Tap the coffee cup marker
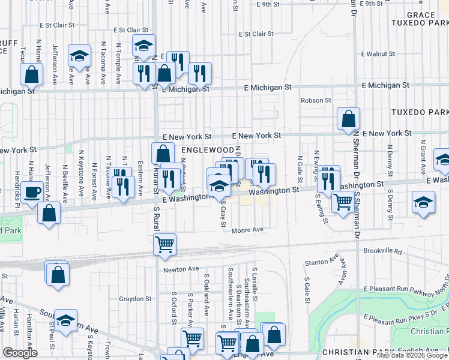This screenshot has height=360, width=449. pyautogui.click(x=33, y=193)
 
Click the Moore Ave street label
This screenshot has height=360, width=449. pyautogui.click(x=248, y=230)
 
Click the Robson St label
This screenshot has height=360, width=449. pyautogui.click(x=316, y=100)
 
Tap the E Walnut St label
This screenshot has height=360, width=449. pyautogui.click(x=378, y=54)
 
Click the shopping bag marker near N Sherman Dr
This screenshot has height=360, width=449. pyautogui.click(x=348, y=119)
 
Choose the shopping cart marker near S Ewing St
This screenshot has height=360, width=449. pyautogui.click(x=342, y=203)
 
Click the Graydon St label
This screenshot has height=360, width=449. pyautogui.click(x=135, y=299)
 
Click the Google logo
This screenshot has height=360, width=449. pyautogui.click(x=20, y=353)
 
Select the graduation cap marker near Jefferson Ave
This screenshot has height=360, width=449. pyautogui.click(x=79, y=56)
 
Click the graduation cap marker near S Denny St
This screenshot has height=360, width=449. pyautogui.click(x=423, y=203)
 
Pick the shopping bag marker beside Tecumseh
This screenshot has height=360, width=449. pyautogui.click(x=32, y=75)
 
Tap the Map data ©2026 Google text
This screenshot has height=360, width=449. pyautogui.click(x=412, y=355)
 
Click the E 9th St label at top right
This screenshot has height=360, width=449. pyautogui.click(x=370, y=4)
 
